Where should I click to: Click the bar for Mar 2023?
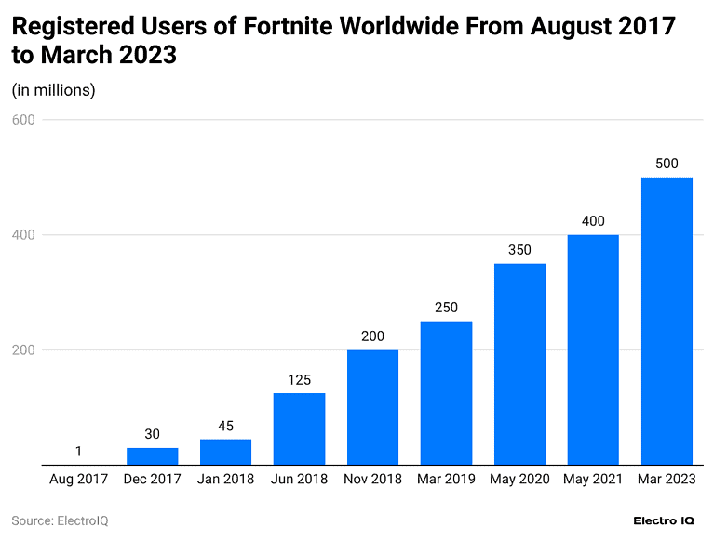coord(667,321)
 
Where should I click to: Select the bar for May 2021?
coord(593,349)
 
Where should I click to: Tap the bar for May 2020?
coord(519,364)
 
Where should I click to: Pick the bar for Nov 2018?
coord(372,407)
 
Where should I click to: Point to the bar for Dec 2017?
coord(152,456)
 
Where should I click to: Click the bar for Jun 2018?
coord(299,428)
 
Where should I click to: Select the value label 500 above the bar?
coord(667,164)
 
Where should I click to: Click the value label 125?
coord(299,380)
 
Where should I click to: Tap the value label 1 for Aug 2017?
coord(78,452)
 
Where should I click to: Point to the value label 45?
coord(225,426)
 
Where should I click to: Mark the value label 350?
coord(519,250)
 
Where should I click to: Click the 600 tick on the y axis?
coord(23,120)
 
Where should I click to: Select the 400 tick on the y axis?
coord(23,235)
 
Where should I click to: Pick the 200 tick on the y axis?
coord(23,350)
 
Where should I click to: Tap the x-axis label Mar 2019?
coord(446,480)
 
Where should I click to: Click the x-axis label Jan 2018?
coord(225,480)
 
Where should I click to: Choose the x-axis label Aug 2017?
coord(78,480)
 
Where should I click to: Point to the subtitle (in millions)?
coord(53,90)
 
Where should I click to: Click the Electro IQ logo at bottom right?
coord(663,520)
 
